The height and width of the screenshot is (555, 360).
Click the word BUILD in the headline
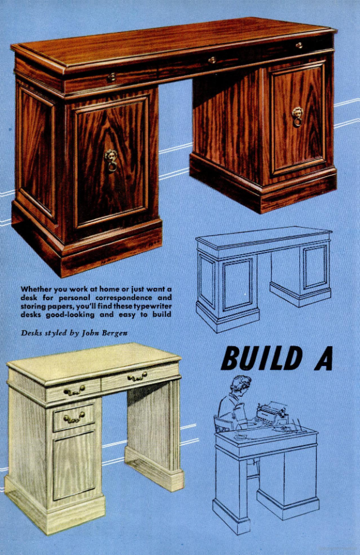point(262,358)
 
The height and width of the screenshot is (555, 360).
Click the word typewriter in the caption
point(153,306)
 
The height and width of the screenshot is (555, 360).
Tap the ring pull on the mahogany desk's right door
point(298,117)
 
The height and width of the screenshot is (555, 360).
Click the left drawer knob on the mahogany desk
point(111,77)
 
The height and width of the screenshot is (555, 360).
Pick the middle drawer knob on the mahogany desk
point(212,60)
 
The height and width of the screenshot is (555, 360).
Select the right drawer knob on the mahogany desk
point(299,45)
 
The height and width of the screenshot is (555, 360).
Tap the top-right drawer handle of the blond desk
point(137,377)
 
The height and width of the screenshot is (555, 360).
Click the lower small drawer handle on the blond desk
point(74,418)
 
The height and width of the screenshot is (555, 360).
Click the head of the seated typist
point(241,384)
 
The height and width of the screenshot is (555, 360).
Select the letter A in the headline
point(323,358)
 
